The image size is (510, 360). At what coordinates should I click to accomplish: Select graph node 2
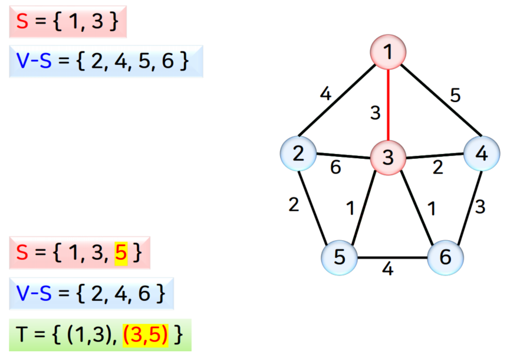[x=298, y=154]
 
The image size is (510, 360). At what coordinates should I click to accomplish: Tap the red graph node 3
[x=387, y=157]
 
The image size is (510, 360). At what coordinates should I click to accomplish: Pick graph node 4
[x=482, y=154]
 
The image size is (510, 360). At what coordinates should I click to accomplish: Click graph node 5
[x=340, y=257]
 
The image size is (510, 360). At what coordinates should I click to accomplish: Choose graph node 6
[x=445, y=257]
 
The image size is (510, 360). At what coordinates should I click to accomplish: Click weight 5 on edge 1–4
[x=455, y=95]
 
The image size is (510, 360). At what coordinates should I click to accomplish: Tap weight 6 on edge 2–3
[x=335, y=168]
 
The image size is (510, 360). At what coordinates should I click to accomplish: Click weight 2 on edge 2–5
[x=294, y=204]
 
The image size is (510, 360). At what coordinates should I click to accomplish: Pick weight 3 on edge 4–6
[x=481, y=207]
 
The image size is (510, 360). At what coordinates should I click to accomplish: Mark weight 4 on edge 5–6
[x=387, y=269]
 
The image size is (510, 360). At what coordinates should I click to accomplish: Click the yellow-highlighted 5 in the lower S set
[x=120, y=253]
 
